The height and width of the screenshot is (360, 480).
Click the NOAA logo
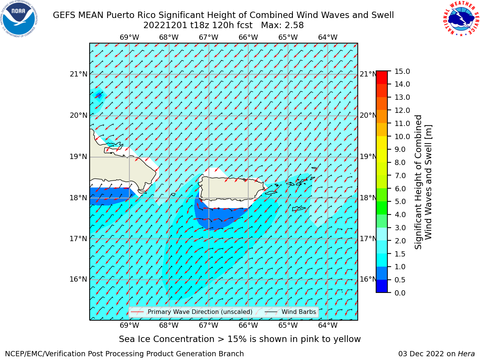(x=19, y=19)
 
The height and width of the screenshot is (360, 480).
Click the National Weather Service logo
(x=461, y=19)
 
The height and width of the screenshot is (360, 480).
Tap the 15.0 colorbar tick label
(x=402, y=71)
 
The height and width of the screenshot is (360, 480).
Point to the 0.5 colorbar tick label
(x=400, y=280)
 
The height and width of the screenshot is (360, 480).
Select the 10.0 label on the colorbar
(x=402, y=136)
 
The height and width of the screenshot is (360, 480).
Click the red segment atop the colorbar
(x=382, y=77)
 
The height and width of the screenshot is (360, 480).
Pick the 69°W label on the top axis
(x=129, y=37)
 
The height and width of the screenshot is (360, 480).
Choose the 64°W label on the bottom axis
(x=328, y=325)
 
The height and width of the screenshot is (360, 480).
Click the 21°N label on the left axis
(x=78, y=74)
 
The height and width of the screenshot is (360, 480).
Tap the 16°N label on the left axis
(x=78, y=279)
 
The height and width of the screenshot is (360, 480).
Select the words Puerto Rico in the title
(x=131, y=15)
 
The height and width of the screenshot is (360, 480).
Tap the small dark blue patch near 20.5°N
(x=99, y=95)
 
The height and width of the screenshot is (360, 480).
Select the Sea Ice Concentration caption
(x=240, y=339)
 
